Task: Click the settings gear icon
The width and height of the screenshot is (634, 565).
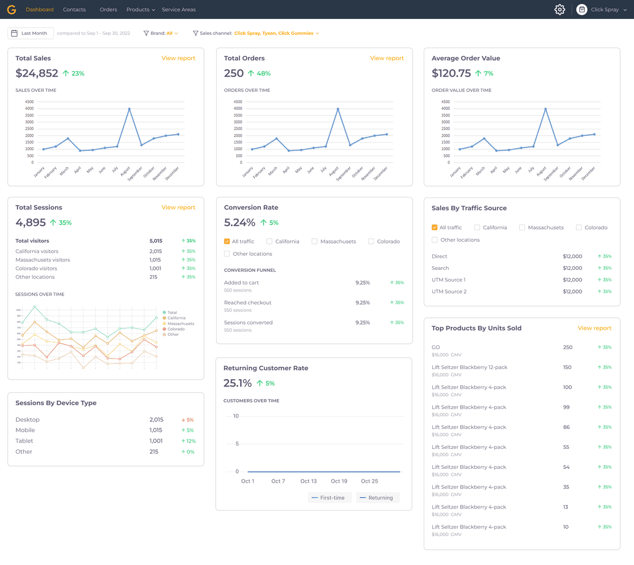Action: [560, 10]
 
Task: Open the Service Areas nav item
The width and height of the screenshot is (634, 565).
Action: [179, 10]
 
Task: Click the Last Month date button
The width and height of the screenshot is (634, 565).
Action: [31, 33]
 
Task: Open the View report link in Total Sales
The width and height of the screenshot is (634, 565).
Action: [178, 58]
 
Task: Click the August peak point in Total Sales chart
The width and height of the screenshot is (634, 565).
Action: [129, 109]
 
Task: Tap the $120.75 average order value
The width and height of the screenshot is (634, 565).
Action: [451, 73]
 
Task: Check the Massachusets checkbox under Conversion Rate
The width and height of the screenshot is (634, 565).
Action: [314, 241]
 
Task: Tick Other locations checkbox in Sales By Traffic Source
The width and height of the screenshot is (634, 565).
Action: [435, 240]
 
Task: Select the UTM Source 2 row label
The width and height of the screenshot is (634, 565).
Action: [449, 291]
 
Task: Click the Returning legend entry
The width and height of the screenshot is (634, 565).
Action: [378, 498]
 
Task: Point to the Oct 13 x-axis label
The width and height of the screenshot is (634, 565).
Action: [309, 481]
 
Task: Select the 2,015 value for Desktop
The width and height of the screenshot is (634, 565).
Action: [156, 420]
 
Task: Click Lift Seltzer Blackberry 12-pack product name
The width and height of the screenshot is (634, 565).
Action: [469, 368]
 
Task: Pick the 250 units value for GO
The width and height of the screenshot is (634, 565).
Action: [567, 347]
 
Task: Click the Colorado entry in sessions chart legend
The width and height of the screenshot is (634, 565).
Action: [175, 329]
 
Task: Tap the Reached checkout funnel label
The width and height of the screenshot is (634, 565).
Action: [247, 303]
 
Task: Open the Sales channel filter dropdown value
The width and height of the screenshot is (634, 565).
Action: [276, 33]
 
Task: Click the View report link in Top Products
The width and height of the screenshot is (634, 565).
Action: [594, 328]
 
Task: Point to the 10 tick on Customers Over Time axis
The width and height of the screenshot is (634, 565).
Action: [236, 416]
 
